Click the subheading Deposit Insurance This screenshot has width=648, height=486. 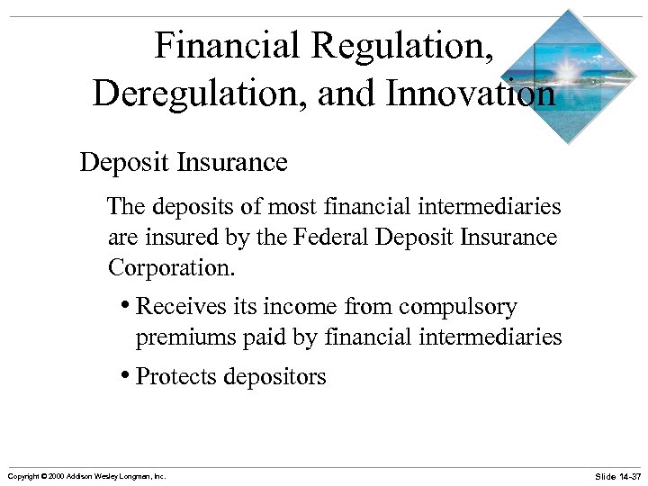pyautogui.click(x=184, y=163)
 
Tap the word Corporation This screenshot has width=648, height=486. pyautogui.click(x=166, y=268)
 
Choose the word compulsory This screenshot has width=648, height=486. pyautogui.click(x=458, y=308)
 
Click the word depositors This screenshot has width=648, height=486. pyautogui.click(x=274, y=377)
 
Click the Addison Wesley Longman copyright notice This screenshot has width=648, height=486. pyautogui.click(x=86, y=475)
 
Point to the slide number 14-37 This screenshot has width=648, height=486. pyautogui.click(x=618, y=475)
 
